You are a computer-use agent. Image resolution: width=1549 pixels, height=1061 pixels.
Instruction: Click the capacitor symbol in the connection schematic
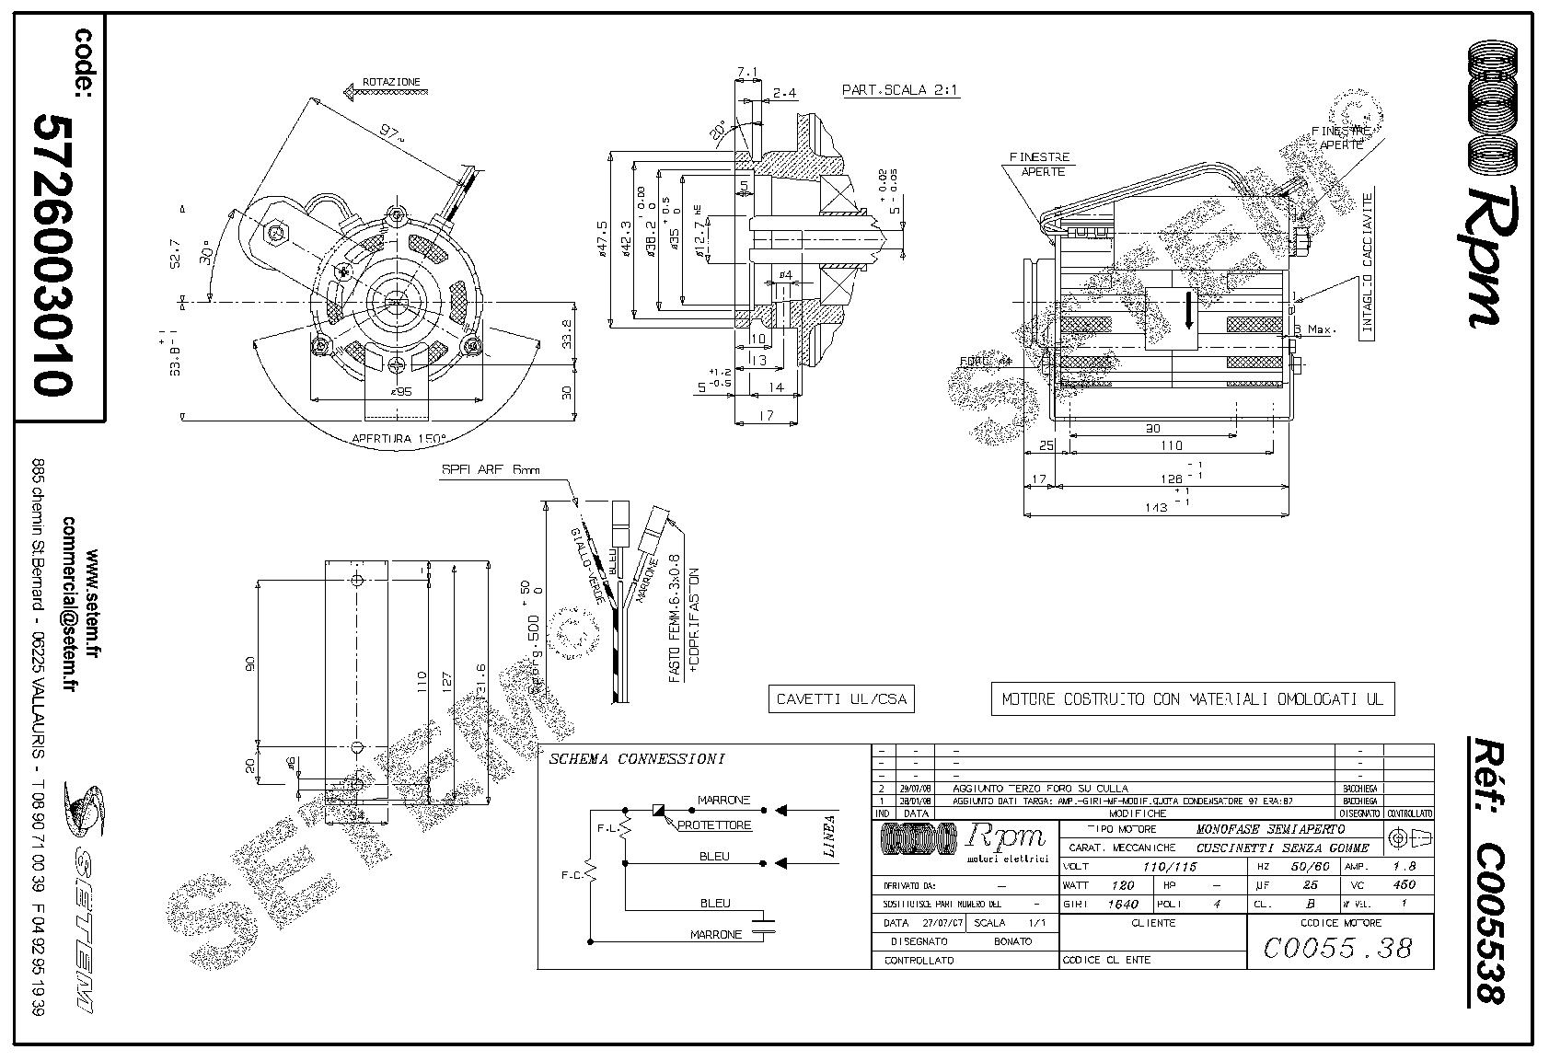[x=762, y=924]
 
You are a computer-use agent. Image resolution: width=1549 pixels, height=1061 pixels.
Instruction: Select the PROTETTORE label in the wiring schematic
[x=714, y=825]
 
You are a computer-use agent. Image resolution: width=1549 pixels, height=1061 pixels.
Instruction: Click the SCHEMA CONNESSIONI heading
[x=636, y=760]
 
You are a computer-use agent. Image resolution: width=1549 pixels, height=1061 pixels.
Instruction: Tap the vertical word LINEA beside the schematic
[x=829, y=836]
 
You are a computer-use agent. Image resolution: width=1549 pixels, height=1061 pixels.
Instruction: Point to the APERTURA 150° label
[x=399, y=439]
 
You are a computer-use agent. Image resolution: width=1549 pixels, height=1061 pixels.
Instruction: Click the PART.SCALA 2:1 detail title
[x=901, y=90]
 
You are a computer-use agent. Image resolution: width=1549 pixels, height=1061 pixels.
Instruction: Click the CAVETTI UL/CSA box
[x=841, y=699]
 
